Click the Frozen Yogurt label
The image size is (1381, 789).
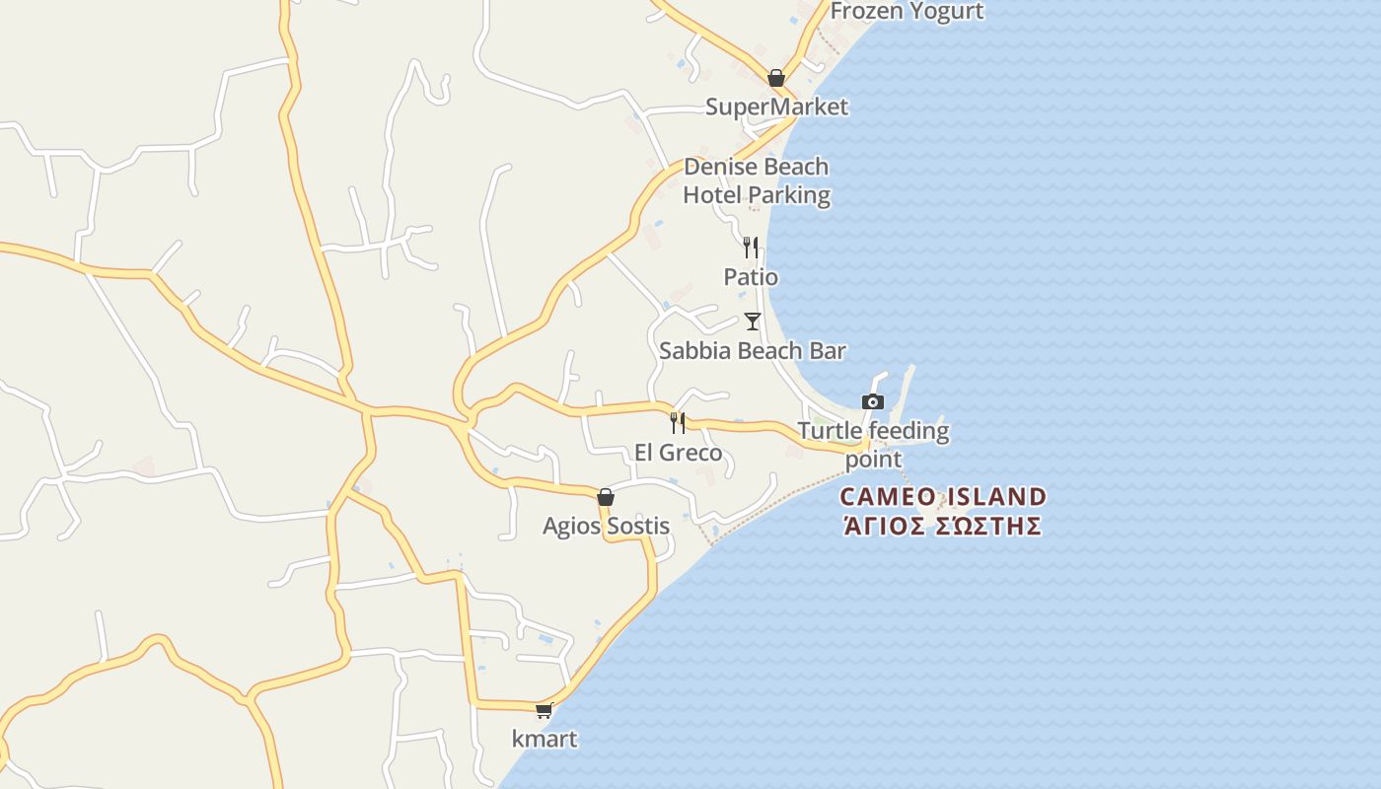tap(907, 11)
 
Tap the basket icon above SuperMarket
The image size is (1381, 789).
tap(776, 78)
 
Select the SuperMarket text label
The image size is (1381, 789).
tap(776, 107)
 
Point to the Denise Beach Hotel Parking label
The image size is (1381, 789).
tap(757, 180)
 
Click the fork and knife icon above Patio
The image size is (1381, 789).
tap(751, 247)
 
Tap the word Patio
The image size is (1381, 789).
tap(751, 277)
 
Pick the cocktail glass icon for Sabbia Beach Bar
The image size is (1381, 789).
tap(753, 322)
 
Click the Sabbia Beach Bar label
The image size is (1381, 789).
tap(753, 350)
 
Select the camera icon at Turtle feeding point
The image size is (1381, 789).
tap(873, 401)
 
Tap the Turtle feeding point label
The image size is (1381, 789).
tap(873, 445)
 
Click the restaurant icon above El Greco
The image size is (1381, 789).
tap(678, 423)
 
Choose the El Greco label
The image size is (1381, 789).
tap(678, 453)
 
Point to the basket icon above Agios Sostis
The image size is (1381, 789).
tap(606, 497)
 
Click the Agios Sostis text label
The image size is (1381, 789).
tap(606, 526)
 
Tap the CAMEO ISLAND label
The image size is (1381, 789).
tap(943, 496)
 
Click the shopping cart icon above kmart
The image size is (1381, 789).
tap(544, 710)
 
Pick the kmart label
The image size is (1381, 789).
tap(545, 739)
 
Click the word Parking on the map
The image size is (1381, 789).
tap(785, 195)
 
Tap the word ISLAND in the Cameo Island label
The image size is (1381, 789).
tap(996, 496)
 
